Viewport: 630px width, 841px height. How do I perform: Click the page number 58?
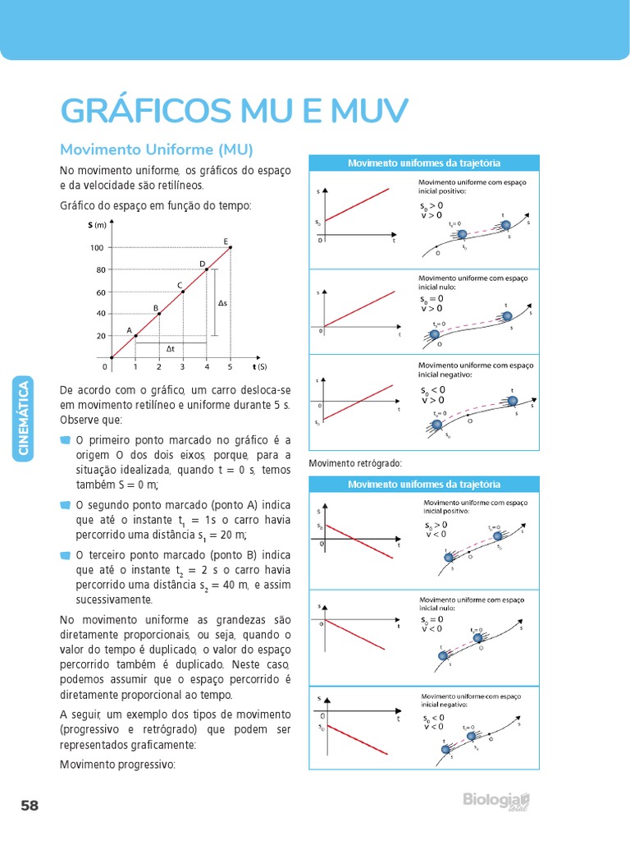tap(30, 806)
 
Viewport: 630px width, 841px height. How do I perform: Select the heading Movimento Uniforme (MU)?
tap(157, 149)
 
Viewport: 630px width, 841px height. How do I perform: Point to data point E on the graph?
tap(231, 247)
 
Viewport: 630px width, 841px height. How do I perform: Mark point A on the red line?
tap(135, 336)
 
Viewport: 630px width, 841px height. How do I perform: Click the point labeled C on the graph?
tap(183, 292)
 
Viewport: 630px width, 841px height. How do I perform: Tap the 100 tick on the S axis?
tap(98, 248)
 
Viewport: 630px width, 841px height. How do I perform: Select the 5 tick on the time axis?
tap(231, 367)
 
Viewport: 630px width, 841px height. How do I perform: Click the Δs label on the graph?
tap(222, 304)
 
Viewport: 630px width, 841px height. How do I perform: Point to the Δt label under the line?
tap(170, 349)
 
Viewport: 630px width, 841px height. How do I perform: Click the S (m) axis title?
tap(98, 225)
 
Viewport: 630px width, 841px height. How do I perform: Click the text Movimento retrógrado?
tap(355, 463)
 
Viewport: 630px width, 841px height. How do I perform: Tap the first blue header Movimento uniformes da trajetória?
tap(424, 163)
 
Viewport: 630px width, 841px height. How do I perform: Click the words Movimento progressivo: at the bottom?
tap(117, 764)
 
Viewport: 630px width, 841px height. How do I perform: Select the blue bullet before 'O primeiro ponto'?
tap(66, 441)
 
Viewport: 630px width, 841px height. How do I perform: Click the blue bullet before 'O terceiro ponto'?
tap(66, 555)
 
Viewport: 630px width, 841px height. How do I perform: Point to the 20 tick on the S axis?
tap(101, 336)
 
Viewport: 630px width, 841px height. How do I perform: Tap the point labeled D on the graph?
tap(207, 269)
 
